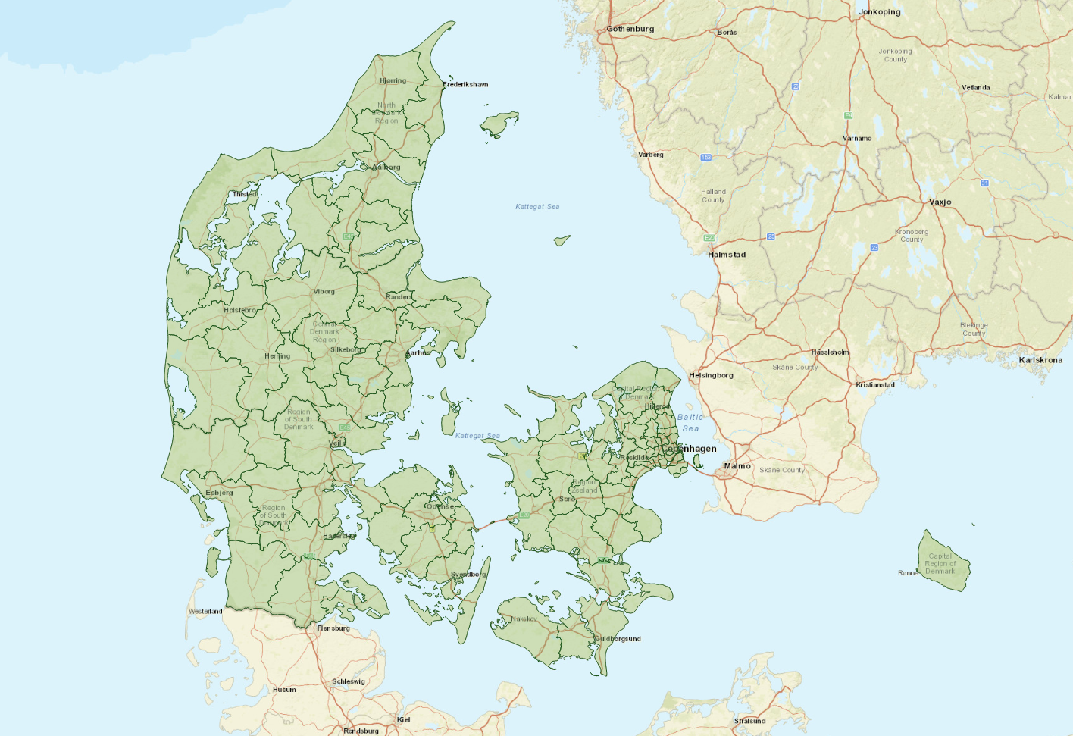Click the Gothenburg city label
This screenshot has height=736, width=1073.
630,29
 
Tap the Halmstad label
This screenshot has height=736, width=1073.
727,255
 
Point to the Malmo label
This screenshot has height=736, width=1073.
737,466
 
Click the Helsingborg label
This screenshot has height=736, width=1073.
711,375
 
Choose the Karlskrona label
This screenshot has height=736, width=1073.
1040,360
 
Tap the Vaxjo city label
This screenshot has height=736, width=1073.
940,202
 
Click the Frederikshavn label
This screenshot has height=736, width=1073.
465,84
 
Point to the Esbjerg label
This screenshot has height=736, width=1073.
219,493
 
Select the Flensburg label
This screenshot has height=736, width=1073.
333,628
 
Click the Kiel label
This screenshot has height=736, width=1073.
403,720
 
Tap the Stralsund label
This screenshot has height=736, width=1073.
749,721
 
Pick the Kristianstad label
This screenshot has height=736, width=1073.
875,385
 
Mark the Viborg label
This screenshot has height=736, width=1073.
324,291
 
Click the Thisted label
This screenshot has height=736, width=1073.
244,194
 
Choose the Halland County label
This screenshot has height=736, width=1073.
713,196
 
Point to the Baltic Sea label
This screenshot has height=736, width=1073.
690,423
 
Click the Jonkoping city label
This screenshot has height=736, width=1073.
879,12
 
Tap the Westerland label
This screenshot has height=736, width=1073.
205,611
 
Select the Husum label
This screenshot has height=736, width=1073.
284,690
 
